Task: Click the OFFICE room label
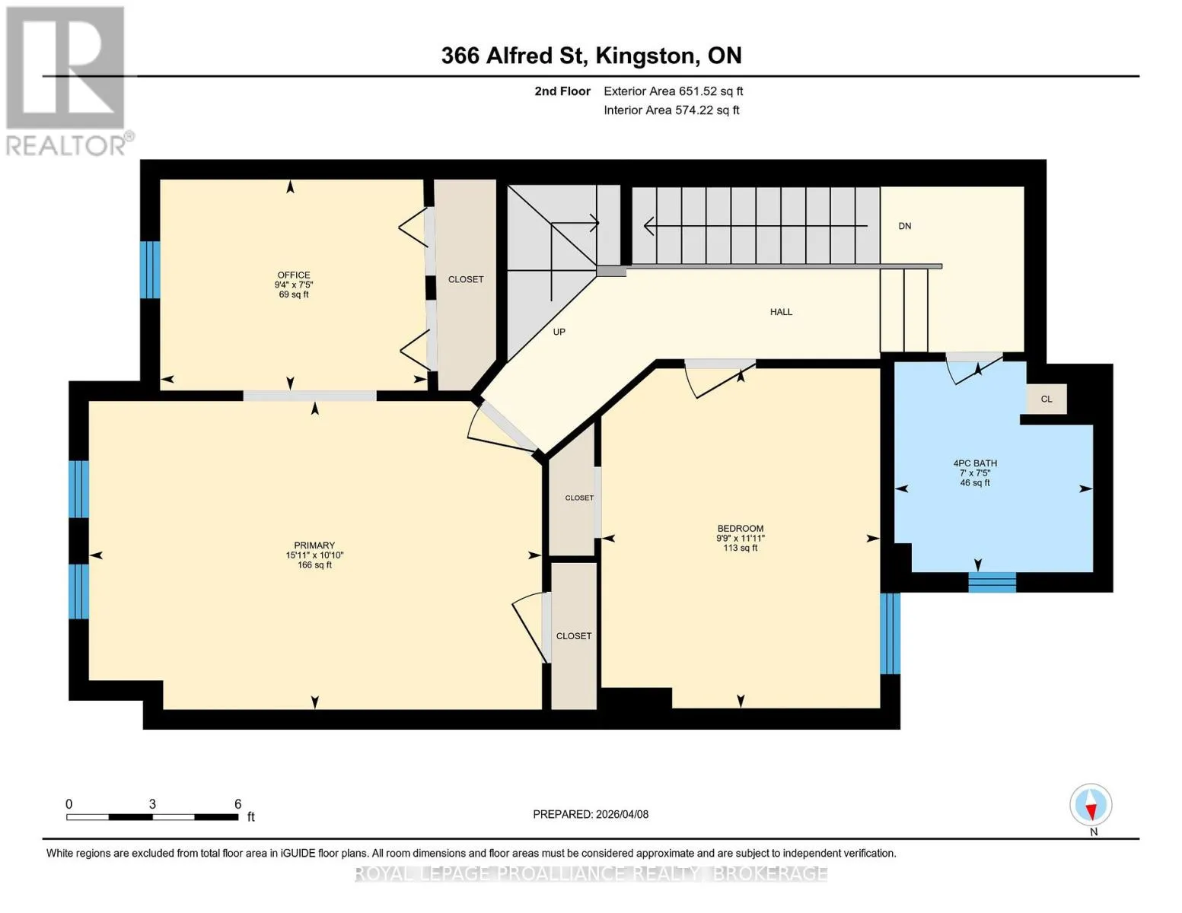tap(294, 275)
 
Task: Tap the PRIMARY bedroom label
tap(314, 546)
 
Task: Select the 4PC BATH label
tap(975, 463)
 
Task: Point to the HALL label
tap(781, 312)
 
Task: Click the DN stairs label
tap(905, 226)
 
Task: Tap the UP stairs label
tap(559, 332)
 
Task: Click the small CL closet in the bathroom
tap(1047, 399)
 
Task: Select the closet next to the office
tap(466, 285)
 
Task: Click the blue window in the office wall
tap(150, 269)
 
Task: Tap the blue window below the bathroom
tap(992, 582)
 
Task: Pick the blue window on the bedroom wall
tap(890, 634)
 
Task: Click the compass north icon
tap(1091, 805)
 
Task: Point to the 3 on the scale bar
tap(152, 803)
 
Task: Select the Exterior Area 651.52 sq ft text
tap(674, 91)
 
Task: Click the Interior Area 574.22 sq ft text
tap(672, 110)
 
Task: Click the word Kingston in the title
tap(645, 56)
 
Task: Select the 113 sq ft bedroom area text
tap(741, 548)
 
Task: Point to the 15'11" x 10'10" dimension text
tap(314, 555)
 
